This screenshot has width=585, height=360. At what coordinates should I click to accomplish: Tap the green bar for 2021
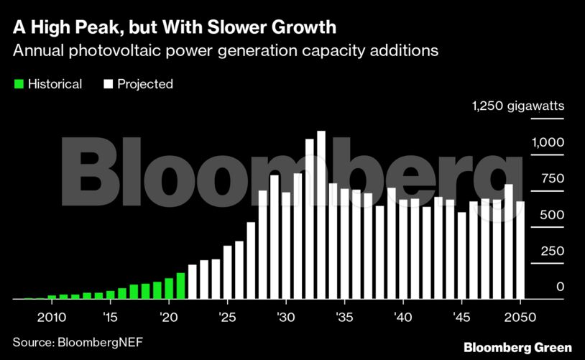pyautogui.click(x=181, y=286)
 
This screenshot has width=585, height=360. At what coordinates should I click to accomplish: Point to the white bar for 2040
pyautogui.click(x=403, y=249)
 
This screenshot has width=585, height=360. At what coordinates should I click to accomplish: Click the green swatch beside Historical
pyautogui.click(x=19, y=84)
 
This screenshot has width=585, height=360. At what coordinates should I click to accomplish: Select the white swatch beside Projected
pyautogui.click(x=108, y=84)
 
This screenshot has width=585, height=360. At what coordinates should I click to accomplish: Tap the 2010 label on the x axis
pyautogui.click(x=51, y=317)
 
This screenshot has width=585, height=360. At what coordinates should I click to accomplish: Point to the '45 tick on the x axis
pyautogui.click(x=461, y=317)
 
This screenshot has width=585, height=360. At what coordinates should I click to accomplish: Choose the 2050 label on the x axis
pyautogui.click(x=520, y=317)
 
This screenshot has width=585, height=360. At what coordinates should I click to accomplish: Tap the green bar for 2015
pyautogui.click(x=111, y=295)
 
